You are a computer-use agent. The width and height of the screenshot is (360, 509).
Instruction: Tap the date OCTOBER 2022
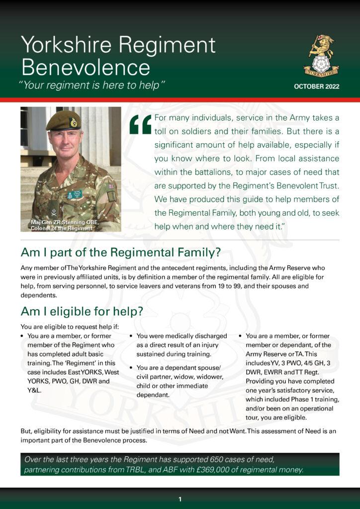point(316,86)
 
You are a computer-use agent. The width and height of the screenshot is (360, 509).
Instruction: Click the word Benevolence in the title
point(86,67)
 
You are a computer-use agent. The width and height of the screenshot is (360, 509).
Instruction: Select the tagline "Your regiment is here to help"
point(92,85)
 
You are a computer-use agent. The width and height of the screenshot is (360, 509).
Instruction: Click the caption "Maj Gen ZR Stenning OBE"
point(61,222)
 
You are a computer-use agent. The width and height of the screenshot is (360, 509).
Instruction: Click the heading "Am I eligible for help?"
point(82,311)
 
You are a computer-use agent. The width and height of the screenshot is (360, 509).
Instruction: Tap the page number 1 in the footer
point(180,499)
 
